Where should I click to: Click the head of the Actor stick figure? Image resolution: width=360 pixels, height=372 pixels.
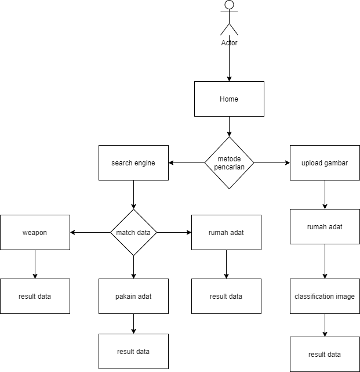(x=229, y=5)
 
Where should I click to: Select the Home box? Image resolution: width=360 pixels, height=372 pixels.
(x=229, y=99)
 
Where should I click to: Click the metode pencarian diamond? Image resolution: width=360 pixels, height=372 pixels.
(x=229, y=162)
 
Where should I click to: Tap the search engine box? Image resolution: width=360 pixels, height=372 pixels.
(x=133, y=162)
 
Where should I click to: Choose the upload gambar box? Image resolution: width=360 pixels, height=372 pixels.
(x=325, y=162)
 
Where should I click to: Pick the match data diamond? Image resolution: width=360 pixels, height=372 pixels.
(x=133, y=232)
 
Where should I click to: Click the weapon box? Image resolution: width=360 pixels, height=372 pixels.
(x=35, y=232)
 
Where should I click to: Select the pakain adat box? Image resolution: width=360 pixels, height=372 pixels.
(x=133, y=296)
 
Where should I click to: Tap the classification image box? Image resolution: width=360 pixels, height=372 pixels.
(x=325, y=296)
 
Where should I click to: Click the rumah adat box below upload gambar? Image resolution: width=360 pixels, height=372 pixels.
(x=325, y=226)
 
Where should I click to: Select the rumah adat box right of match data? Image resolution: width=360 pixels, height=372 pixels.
(x=226, y=232)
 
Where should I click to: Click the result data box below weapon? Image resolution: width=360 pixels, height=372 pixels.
(x=35, y=296)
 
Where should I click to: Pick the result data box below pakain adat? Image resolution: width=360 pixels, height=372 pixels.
(x=133, y=351)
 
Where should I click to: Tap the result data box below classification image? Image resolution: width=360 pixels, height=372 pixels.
(x=325, y=354)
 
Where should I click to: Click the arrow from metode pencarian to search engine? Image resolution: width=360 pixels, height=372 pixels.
(x=187, y=162)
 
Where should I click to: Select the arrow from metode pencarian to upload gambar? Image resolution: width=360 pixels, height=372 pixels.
(x=272, y=162)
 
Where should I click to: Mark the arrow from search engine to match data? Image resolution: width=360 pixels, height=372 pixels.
(x=133, y=194)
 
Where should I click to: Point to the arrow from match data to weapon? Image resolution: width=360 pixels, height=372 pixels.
(x=90, y=232)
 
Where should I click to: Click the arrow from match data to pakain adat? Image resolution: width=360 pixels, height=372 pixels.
(x=133, y=267)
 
